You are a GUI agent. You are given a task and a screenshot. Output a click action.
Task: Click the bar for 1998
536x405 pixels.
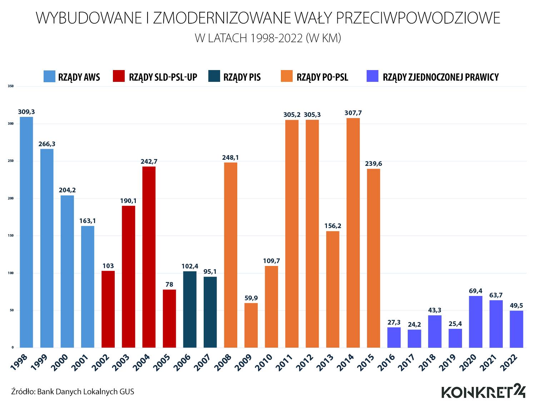[x=26, y=232]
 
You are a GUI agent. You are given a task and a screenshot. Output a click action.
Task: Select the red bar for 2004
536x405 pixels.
[x=149, y=257]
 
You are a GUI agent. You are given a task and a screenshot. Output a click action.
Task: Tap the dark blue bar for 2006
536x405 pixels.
[x=190, y=310]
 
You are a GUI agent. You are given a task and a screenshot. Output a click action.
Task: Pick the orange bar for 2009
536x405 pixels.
[x=251, y=325]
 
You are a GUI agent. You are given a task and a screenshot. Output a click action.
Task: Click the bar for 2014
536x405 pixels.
[x=353, y=233]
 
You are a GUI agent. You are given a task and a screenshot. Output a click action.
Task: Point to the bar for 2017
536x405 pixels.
[x=415, y=339]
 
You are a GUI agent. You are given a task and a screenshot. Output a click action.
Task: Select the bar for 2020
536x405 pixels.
[x=476, y=322]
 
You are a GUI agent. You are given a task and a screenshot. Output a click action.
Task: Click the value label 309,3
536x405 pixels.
[x=26, y=112]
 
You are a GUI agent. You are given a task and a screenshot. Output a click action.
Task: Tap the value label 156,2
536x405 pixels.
[x=333, y=226]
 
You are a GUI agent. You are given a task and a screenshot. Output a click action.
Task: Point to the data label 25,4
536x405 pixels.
[x=455, y=324]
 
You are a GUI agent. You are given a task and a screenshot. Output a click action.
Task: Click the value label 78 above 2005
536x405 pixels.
[x=169, y=285]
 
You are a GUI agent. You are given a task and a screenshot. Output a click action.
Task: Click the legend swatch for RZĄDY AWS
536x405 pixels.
[x=49, y=76]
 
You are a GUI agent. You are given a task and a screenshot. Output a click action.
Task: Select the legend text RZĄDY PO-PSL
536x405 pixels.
[x=322, y=77]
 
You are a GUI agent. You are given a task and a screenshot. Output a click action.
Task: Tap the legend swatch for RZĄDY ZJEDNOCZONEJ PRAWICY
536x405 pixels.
[x=372, y=76]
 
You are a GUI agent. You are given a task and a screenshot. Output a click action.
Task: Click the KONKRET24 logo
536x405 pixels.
[x=483, y=391]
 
